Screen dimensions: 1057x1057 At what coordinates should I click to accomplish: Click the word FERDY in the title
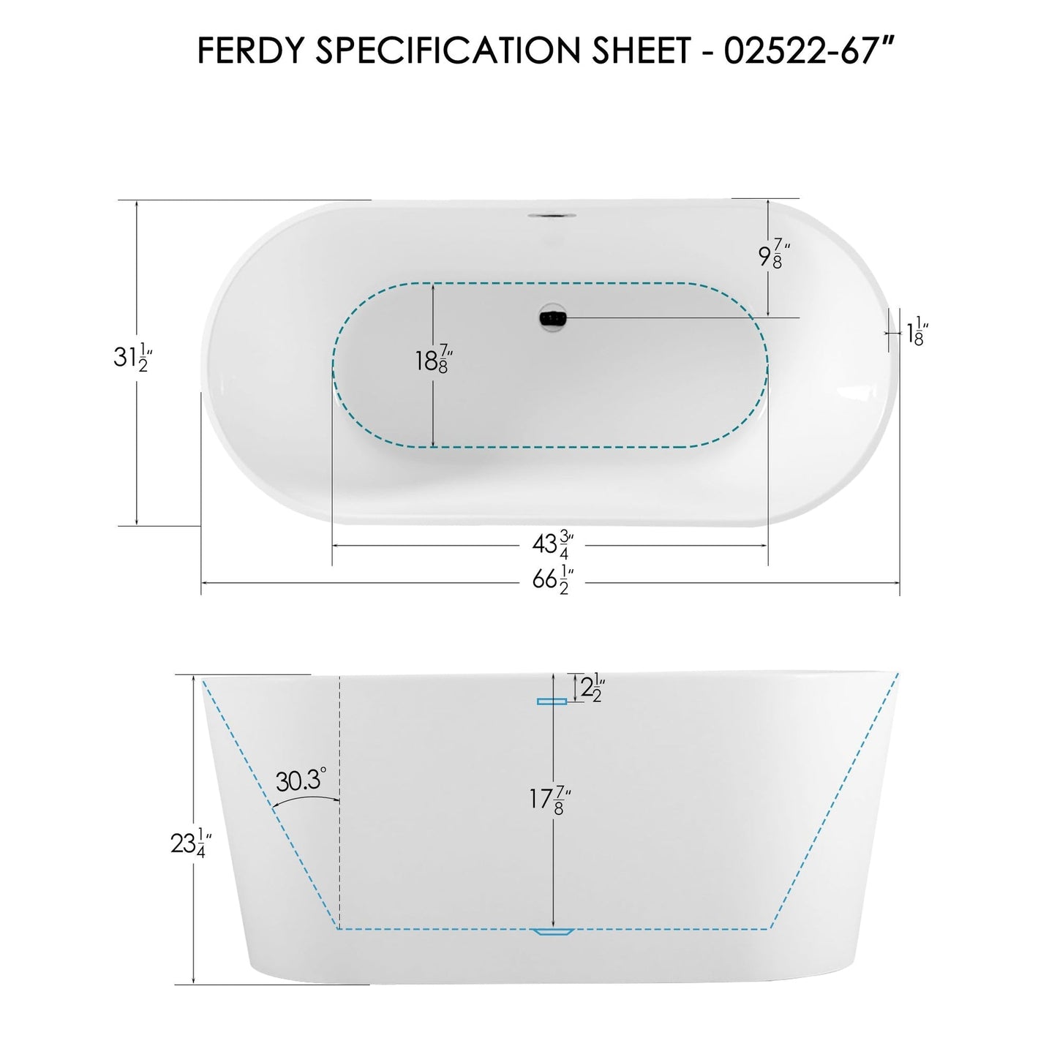pos(245,50)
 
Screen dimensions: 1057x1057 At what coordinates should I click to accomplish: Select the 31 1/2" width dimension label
pos(132,358)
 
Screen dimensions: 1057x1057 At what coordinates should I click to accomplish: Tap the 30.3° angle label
pos(300,781)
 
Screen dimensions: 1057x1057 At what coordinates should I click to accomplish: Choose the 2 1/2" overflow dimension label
pos(590,687)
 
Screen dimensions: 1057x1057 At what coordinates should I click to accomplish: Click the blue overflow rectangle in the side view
pos(552,701)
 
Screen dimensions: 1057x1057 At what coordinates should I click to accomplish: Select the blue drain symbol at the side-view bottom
pos(554,932)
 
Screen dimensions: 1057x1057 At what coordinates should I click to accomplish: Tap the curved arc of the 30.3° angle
pos(304,802)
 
